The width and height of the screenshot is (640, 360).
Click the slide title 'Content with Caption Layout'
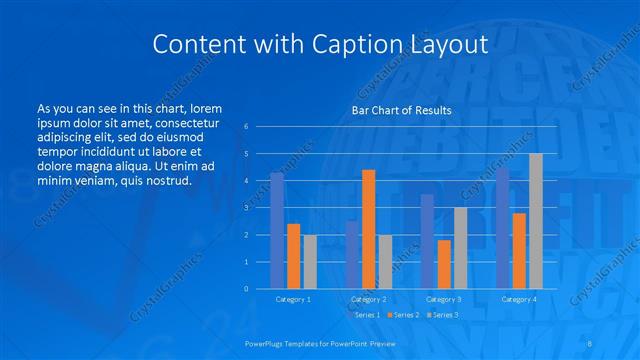click(320, 45)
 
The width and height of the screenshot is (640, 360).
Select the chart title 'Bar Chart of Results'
click(401, 110)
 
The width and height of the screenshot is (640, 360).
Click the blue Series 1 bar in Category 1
click(277, 231)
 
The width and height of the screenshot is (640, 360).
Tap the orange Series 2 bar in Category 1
click(293, 256)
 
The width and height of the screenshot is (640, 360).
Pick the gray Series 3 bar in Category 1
click(310, 262)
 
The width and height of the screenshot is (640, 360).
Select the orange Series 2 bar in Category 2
click(368, 229)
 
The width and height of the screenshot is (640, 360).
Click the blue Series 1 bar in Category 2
click(352, 255)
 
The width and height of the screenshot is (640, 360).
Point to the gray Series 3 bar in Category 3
click(460, 248)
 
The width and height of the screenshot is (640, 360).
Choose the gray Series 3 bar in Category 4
click(535, 221)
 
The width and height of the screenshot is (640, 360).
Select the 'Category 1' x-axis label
click(293, 299)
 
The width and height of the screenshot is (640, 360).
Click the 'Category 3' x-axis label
click(443, 299)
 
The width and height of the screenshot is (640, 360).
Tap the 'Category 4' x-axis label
click(518, 299)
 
